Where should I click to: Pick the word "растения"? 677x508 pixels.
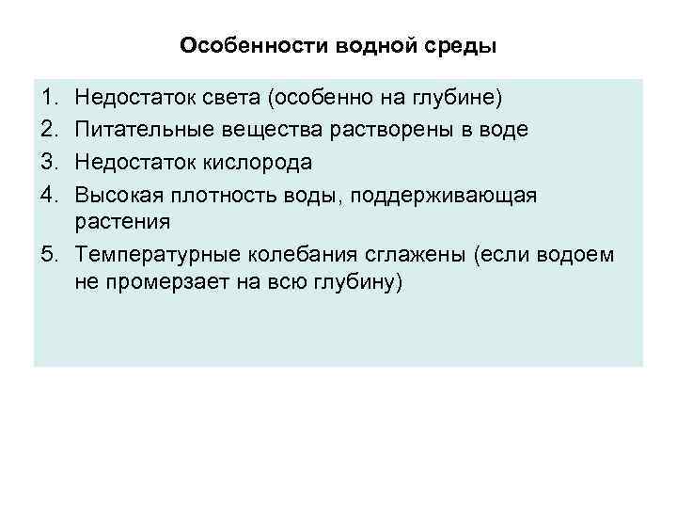point(122,222)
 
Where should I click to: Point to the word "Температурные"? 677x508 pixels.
point(157,255)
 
